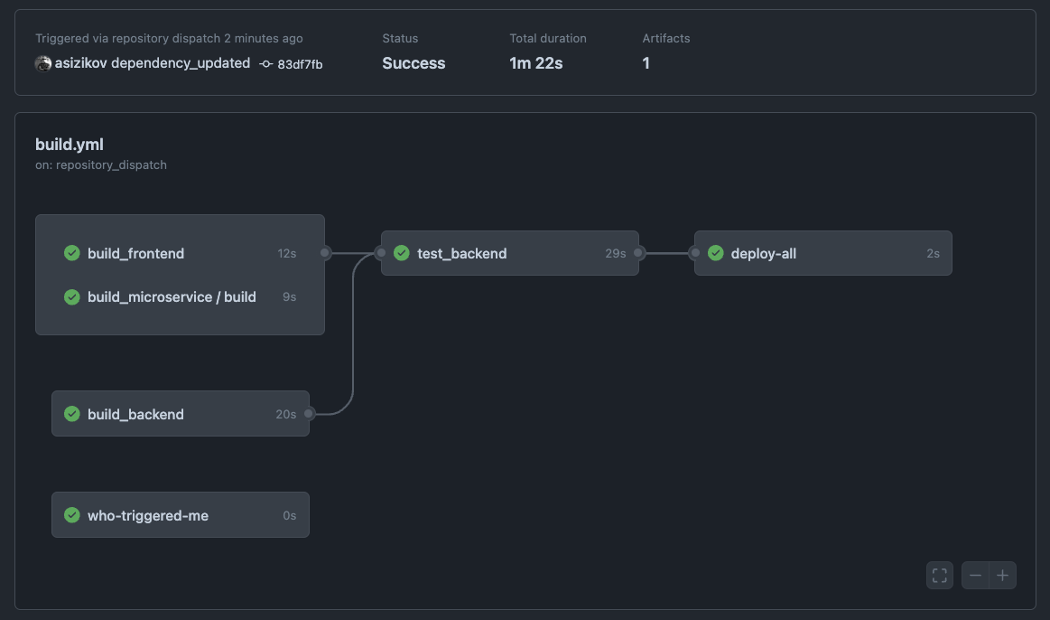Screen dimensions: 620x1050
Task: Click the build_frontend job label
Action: [x=135, y=254]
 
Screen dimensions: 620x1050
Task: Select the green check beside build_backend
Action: [x=72, y=414]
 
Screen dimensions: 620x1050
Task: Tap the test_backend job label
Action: [x=461, y=254]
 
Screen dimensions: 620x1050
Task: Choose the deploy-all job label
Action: [x=764, y=254]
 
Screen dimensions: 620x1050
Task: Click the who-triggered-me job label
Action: [x=148, y=516]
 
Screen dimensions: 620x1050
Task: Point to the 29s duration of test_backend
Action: [x=615, y=254]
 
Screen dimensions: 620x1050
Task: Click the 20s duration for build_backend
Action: [x=285, y=415]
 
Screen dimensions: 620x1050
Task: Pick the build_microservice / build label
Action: [x=172, y=297]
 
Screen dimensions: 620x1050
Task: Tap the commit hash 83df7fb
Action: [x=300, y=64]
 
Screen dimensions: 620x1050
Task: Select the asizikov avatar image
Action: [x=42, y=63]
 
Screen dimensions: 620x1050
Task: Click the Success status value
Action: [x=413, y=63]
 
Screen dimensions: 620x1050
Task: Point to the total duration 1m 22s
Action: [x=536, y=63]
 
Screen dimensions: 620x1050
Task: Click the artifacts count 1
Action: [x=646, y=63]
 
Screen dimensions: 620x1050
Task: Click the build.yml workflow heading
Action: [x=70, y=145]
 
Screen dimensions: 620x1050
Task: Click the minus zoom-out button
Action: [x=975, y=576]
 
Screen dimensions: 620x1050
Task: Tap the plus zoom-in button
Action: [x=1002, y=576]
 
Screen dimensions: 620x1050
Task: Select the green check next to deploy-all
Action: [x=716, y=253]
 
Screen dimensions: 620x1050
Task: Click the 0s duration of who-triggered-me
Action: [x=289, y=516]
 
